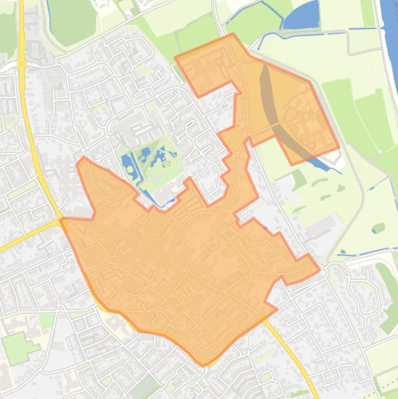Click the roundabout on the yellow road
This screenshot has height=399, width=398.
click(x=22, y=64)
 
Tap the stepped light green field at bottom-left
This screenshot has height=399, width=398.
click(x=19, y=347)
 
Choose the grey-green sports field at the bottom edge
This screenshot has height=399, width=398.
click(x=145, y=387)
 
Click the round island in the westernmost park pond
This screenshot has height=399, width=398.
click(x=129, y=169)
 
